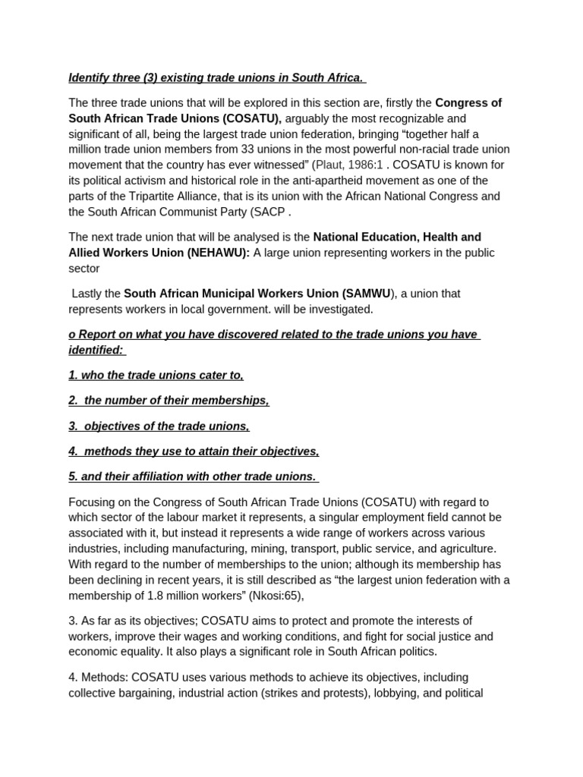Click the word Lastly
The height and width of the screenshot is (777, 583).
[91, 294]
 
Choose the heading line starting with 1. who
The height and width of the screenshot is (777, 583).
[156, 375]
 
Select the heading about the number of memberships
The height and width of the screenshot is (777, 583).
[169, 401]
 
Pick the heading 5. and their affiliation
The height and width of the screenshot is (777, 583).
[193, 477]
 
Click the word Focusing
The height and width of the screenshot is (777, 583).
[93, 502]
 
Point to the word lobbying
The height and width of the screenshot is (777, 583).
[388, 693]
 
